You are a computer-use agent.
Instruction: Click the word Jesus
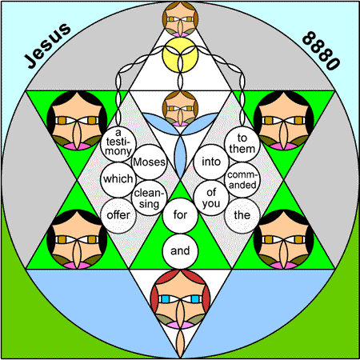[47, 46]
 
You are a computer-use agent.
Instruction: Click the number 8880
[321, 50]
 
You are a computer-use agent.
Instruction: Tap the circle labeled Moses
[150, 162]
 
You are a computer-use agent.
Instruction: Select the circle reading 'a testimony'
[118, 144]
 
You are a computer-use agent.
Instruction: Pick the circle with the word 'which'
[118, 180]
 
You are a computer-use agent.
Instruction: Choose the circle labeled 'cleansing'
[150, 198]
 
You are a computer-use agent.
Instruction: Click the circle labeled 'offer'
[118, 215]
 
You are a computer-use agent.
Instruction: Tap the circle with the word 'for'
[180, 215]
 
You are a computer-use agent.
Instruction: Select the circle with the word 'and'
[180, 251]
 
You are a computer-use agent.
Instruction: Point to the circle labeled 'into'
[211, 162]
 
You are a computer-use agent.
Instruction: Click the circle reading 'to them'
[242, 144]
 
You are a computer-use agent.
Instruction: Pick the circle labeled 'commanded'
[242, 180]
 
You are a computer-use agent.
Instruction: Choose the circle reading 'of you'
[211, 198]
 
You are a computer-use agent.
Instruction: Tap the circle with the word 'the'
[242, 215]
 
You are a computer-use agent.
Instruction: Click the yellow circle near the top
[180, 55]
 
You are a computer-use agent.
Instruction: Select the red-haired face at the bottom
[180, 299]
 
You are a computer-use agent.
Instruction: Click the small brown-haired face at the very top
[180, 19]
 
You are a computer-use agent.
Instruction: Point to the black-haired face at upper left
[77, 121]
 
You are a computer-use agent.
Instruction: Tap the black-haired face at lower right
[284, 239]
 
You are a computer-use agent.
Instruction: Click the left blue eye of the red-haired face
[166, 299]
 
